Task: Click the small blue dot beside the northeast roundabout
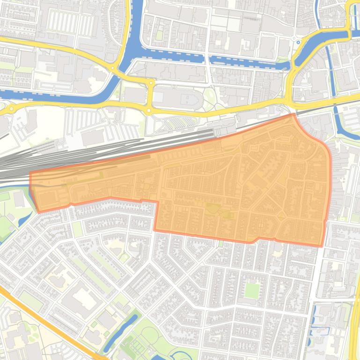pos(298,42)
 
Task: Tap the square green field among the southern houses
pos(252,290)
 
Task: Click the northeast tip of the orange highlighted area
pos(294,114)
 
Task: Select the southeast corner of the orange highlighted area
pos(322,246)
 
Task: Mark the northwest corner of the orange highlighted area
pos(31,173)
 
